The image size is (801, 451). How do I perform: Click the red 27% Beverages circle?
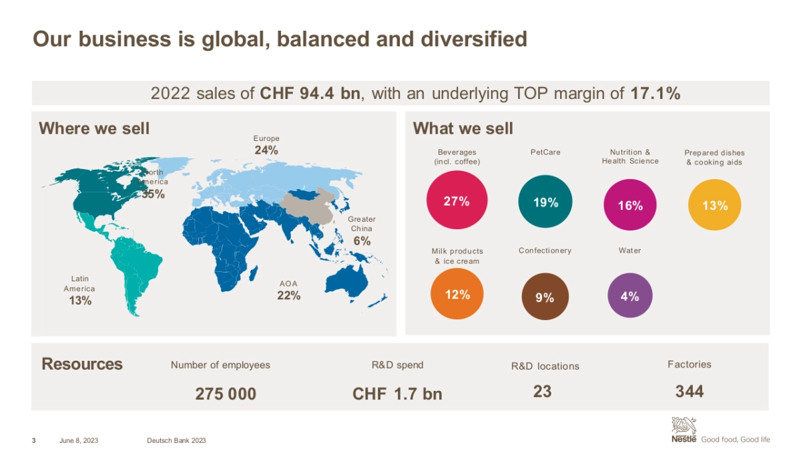(x=457, y=200)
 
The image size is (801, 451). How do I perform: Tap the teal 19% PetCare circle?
(x=545, y=202)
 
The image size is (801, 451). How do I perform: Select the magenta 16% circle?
(x=629, y=205)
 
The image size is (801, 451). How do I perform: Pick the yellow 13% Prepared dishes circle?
(x=715, y=205)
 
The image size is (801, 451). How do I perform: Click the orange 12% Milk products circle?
(x=457, y=294)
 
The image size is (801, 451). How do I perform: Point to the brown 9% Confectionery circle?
(x=545, y=297)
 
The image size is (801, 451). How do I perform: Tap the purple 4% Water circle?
(x=629, y=296)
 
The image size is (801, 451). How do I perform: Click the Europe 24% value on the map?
(x=266, y=150)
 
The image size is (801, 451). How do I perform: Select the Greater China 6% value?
(x=362, y=241)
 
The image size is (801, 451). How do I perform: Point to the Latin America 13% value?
(x=80, y=301)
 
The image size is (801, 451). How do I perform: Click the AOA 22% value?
(x=289, y=295)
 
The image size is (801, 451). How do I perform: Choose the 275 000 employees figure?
(x=226, y=394)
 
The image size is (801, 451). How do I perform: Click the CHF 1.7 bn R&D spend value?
(x=397, y=394)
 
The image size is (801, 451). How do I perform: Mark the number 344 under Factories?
(x=690, y=392)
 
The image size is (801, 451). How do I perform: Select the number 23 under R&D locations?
(x=543, y=392)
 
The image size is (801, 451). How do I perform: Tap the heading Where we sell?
(x=94, y=128)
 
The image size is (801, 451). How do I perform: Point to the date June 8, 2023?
(x=79, y=440)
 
